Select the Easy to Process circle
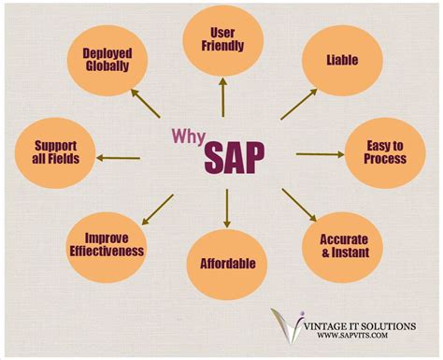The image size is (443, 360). pyautogui.click(x=385, y=152)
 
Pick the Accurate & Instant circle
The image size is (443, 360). pyautogui.click(x=343, y=245)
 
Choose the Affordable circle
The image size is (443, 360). pyautogui.click(x=227, y=264)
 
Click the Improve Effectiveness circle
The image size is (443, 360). pyautogui.click(x=113, y=245)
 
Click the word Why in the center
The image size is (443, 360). pyautogui.click(x=183, y=134)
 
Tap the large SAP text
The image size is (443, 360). pyautogui.click(x=234, y=155)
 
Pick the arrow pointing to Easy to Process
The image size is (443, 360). pyautogui.click(x=318, y=154)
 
